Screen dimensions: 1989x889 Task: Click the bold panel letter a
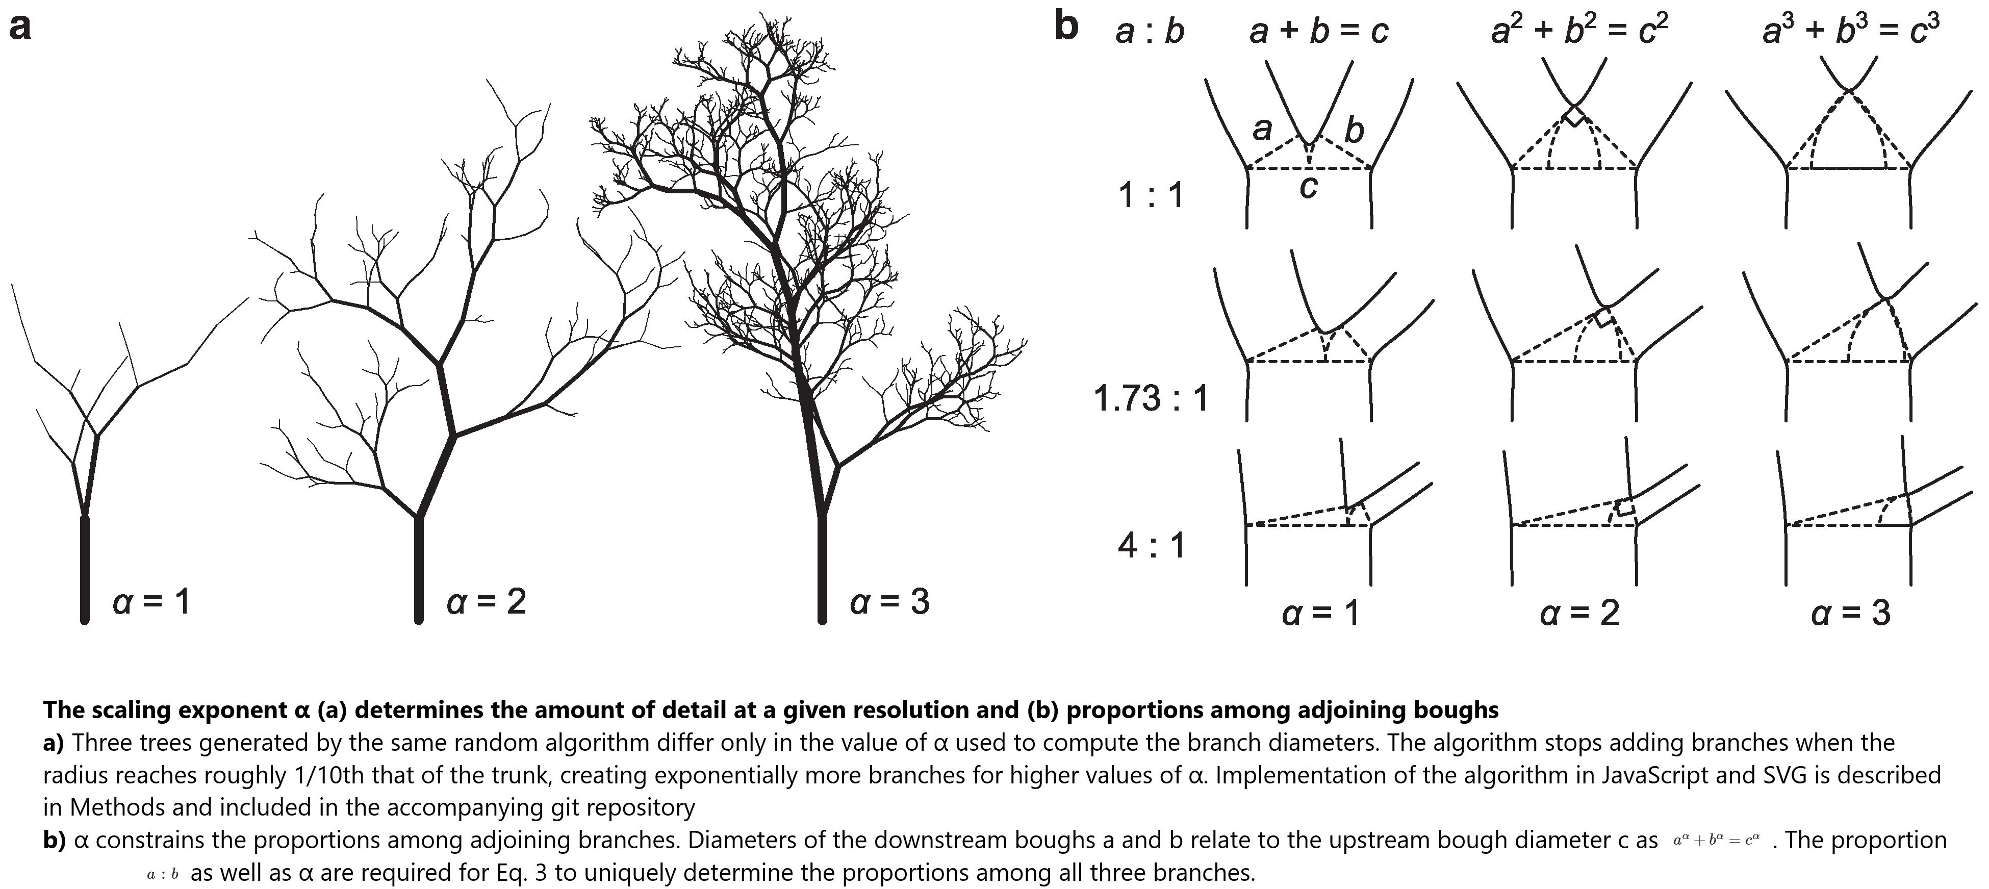click(20, 29)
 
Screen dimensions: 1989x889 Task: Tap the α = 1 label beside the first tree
click(151, 602)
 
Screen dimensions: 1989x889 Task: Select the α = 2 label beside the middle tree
click(487, 602)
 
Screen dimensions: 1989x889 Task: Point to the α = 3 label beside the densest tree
click(889, 602)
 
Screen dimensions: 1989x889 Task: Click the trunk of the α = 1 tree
click(85, 569)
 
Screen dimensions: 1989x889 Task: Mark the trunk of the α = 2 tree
click(419, 569)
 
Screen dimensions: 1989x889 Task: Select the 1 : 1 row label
click(1151, 195)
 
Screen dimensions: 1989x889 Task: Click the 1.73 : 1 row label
click(1151, 398)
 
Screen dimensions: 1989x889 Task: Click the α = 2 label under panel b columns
click(1580, 613)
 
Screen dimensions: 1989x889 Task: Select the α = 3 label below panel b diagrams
click(1851, 613)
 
